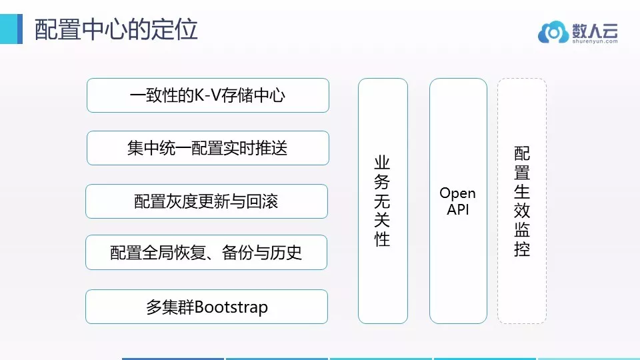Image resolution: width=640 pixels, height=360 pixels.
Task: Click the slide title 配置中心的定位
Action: click(116, 29)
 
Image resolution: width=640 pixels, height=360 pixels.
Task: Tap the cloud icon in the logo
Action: click(553, 32)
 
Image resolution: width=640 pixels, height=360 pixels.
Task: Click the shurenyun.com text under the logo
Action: click(595, 41)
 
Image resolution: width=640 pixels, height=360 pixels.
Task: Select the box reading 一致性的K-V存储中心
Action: click(208, 95)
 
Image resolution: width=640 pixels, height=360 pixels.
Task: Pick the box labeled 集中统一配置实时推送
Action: click(208, 148)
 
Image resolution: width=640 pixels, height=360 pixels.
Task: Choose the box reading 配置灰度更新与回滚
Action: click(207, 201)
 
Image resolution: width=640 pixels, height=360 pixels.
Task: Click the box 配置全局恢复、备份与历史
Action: click(206, 252)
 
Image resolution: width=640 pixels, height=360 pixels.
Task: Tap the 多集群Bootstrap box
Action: click(207, 307)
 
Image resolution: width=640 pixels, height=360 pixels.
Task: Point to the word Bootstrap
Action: click(231, 307)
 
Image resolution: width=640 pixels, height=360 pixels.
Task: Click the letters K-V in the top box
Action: click(207, 95)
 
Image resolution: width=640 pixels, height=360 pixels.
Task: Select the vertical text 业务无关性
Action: click(382, 201)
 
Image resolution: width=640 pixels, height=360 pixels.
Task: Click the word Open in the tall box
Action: click(457, 193)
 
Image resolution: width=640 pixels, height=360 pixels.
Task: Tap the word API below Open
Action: click(457, 209)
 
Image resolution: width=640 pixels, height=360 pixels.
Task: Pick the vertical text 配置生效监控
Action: click(522, 201)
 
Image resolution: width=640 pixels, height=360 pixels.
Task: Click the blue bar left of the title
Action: click(11, 29)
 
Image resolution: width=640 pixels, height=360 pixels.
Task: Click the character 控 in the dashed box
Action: click(522, 249)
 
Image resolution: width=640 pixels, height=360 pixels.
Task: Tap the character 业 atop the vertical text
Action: click(382, 163)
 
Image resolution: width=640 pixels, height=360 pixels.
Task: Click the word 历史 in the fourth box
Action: click(286, 253)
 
